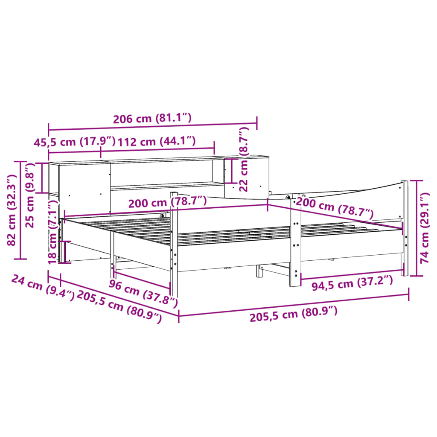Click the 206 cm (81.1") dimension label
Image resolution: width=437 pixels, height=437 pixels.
point(152,119)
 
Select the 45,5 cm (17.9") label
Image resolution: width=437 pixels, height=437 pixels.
point(75,142)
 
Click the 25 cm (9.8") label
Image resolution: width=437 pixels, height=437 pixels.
point(30,195)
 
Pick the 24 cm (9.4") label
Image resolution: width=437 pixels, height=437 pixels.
point(43,287)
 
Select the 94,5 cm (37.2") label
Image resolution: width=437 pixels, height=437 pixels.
point(352,283)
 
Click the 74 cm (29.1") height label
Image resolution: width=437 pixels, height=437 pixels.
point(425,228)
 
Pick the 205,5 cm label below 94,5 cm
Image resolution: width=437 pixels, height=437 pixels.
point(294,314)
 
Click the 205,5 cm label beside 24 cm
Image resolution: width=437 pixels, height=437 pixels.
point(119,308)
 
